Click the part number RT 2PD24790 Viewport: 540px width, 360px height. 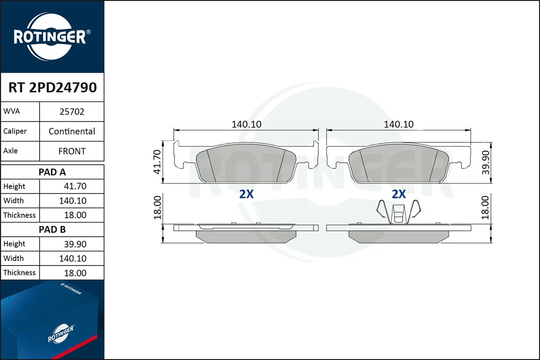coord(53,87)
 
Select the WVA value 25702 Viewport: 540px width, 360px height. coord(72,112)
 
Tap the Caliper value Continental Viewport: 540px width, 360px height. coord(72,131)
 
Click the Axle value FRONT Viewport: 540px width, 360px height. coord(72,151)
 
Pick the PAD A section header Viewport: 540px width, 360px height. coord(52,172)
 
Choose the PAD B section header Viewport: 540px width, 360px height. coord(52,229)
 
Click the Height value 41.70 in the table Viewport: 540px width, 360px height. coord(75,186)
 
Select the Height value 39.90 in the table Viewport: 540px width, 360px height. coord(75,244)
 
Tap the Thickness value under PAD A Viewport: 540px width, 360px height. coord(75,215)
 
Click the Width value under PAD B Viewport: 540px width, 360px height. coord(72,258)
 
